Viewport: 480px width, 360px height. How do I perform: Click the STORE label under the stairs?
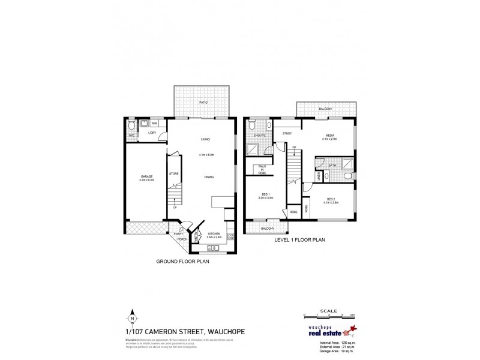[x=173, y=174]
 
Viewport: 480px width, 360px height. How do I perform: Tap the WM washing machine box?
[x=155, y=123]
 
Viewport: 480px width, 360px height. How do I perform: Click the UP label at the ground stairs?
[x=175, y=208]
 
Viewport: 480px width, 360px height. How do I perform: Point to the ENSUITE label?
[x=259, y=136]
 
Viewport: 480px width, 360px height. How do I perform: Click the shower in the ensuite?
[x=262, y=147]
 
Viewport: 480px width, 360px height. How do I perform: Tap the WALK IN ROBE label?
[x=262, y=169]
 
